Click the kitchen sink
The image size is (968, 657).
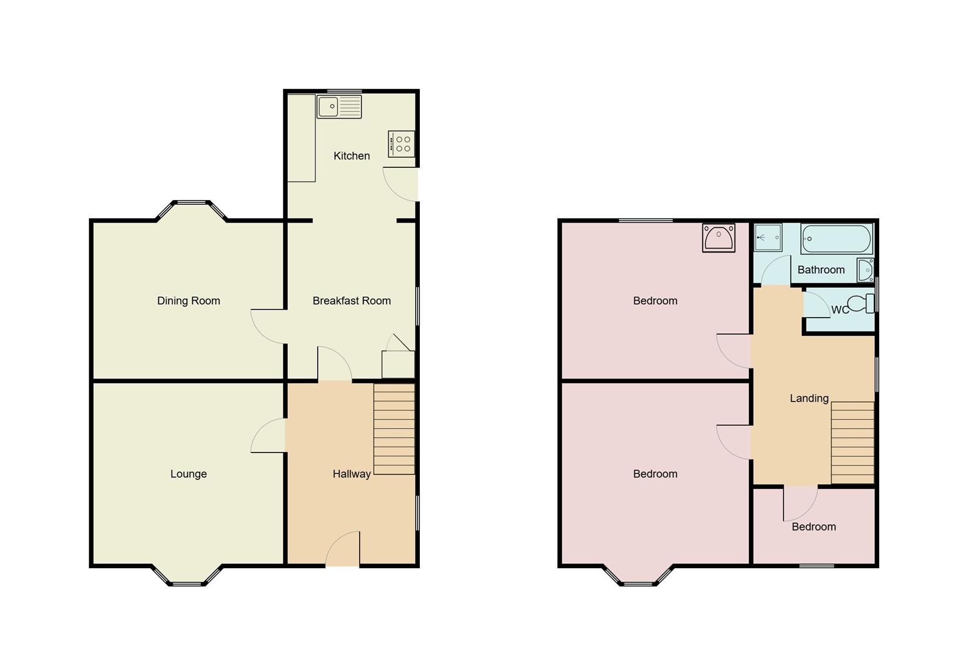coord(339,106)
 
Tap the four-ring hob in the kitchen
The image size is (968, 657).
coord(402,144)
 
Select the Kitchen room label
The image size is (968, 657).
coord(352,156)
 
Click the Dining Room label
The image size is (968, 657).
coord(189,301)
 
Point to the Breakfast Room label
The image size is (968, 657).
coord(352,301)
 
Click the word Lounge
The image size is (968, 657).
coord(189,474)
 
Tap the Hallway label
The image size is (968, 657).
coord(352,474)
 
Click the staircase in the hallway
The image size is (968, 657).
coord(394,429)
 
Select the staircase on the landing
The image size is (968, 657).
coord(852,442)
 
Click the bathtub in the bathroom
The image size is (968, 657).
coord(837,238)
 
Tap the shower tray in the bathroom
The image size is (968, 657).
coord(768,237)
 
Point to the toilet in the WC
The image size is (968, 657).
coord(859,303)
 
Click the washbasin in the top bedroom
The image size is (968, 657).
coord(719,237)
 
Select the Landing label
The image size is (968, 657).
coord(809,398)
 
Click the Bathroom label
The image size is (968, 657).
coord(821,269)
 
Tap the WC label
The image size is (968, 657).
coord(840,310)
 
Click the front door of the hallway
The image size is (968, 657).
coord(343,550)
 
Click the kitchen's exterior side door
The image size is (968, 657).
coord(402,184)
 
